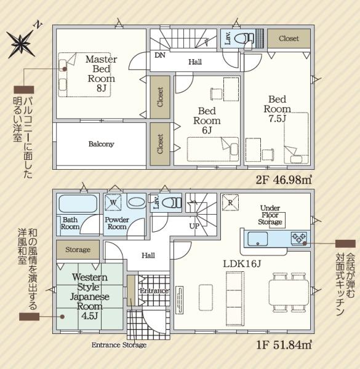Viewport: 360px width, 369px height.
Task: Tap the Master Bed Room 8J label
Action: coord(102,73)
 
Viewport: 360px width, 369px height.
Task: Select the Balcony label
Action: coord(102,144)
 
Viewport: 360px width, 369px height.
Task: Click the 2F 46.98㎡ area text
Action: coord(284,180)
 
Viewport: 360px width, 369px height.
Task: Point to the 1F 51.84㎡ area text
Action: coord(284,345)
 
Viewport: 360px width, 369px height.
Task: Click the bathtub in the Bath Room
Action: coord(78,204)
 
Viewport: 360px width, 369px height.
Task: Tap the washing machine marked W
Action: coord(113,202)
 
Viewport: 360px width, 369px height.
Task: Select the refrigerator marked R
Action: coord(230,202)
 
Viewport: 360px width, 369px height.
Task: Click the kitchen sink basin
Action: coord(258,239)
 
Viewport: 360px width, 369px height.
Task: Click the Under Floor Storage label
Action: coord(270,215)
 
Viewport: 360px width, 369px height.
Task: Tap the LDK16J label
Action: coord(242,264)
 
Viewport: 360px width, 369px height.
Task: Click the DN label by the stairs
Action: coord(160,55)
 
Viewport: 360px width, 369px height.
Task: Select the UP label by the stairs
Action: coord(194,226)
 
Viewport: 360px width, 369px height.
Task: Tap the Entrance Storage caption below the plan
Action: coord(119,345)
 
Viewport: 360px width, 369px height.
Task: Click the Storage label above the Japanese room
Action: coord(78,250)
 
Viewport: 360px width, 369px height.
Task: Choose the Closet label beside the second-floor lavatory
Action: coord(289,38)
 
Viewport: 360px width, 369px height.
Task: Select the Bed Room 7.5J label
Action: coord(278,109)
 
